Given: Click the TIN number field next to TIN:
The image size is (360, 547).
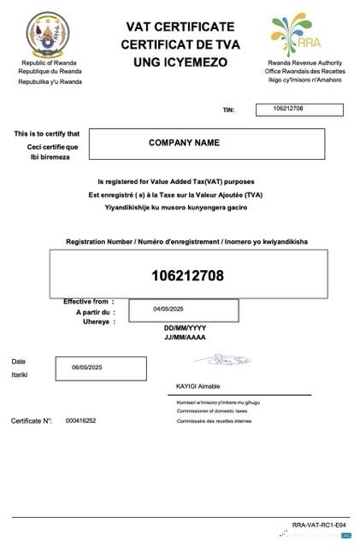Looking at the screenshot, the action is click(299, 109).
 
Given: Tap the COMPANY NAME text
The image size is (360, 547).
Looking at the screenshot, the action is click(184, 143).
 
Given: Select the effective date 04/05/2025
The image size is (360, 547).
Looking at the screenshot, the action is click(168, 309).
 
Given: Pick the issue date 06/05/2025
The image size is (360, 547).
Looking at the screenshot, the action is click(87, 367).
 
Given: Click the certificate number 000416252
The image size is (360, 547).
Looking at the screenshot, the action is click(80, 421).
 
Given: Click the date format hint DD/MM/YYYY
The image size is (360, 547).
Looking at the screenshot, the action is click(185, 328).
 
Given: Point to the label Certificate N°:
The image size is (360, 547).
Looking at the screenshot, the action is click(32, 421).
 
